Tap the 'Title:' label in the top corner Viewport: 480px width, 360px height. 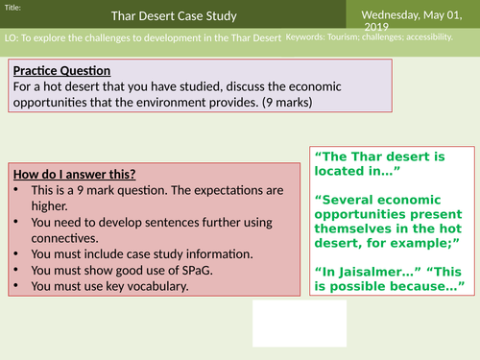tap(13, 7)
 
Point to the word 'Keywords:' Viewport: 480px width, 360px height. tap(310, 36)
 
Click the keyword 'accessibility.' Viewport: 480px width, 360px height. tap(443, 36)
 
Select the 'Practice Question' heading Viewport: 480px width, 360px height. tap(62, 71)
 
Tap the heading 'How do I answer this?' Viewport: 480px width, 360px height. tap(74, 174)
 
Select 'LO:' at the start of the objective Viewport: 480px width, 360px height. tap(11, 37)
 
